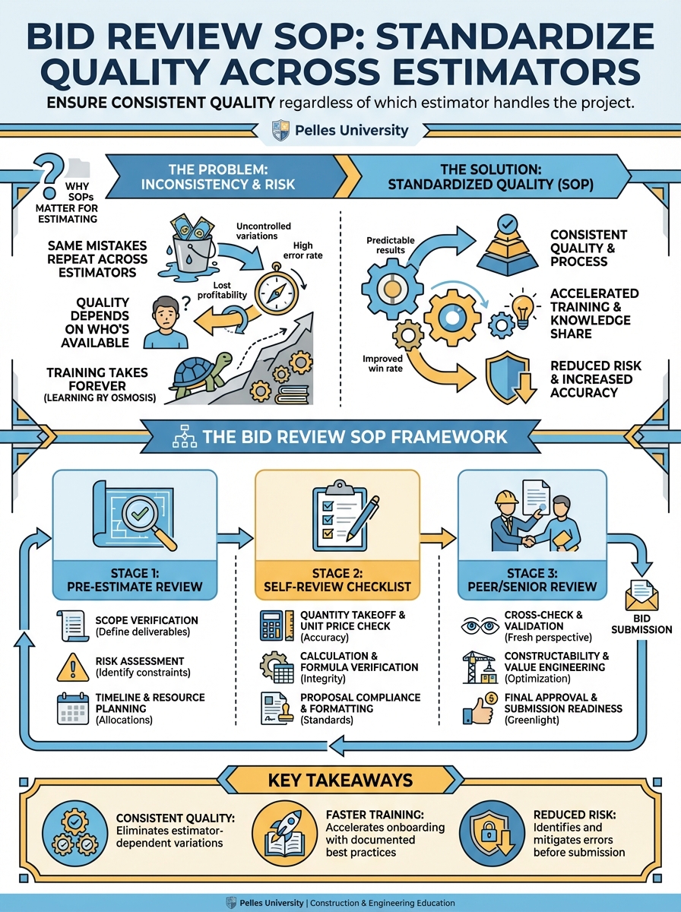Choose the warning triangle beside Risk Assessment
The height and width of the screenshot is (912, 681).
[73, 667]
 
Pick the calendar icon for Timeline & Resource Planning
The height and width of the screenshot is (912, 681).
[74, 708]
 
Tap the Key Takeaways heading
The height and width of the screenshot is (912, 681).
[340, 781]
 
